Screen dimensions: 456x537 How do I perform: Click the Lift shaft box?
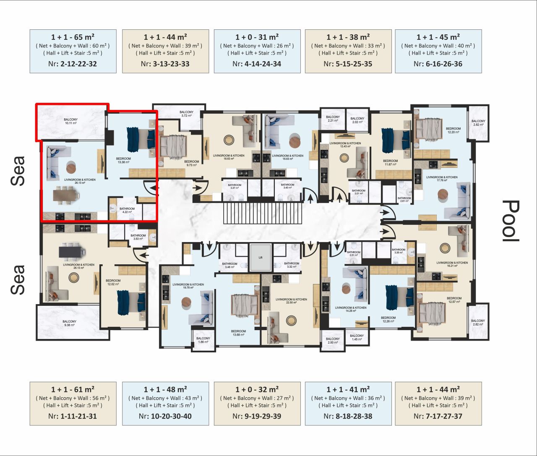coord(260,258)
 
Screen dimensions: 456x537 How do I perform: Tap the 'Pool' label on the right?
coord(511,221)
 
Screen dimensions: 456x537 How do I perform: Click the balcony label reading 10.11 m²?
coord(70,121)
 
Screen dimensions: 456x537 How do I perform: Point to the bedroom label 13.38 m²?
coord(123,160)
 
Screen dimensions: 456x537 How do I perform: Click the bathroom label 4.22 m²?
coord(127,210)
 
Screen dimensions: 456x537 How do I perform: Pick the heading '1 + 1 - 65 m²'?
coord(73,37)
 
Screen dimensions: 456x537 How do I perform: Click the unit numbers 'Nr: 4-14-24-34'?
coord(257,64)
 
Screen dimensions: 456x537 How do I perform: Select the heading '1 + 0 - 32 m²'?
coord(257,389)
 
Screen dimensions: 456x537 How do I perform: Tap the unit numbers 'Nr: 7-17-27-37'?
coord(438,416)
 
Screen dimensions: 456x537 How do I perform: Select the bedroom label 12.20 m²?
coord(453,130)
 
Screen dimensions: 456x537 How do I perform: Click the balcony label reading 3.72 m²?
coord(186,114)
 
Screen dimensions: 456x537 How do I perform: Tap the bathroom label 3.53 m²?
coord(138,237)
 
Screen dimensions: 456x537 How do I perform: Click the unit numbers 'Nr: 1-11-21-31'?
coord(73,416)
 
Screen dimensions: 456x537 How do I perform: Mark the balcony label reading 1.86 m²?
coord(203,340)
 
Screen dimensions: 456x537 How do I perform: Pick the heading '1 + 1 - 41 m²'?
coord(348,389)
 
